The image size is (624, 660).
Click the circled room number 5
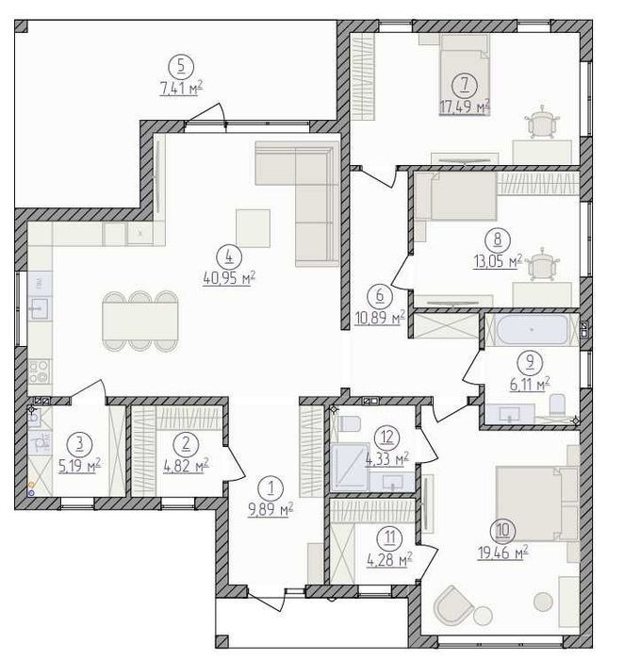point(181,67)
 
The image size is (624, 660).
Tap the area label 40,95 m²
point(229,278)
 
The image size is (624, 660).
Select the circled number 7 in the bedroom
point(465,85)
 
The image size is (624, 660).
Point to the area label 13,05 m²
point(498,261)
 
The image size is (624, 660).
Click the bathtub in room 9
point(532,330)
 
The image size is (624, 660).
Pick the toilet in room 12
point(350,423)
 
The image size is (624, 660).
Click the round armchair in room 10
point(453,604)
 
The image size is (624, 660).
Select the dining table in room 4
point(140,321)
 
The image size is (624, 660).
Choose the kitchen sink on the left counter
point(40,309)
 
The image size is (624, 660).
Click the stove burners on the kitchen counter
point(40,371)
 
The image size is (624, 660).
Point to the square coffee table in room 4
point(253,228)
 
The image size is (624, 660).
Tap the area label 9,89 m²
point(271,510)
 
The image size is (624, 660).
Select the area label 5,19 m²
point(80,466)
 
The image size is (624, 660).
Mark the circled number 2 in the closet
point(185,444)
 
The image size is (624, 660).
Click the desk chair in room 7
point(542,122)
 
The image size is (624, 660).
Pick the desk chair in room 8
point(542,264)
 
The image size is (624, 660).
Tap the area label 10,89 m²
point(380,319)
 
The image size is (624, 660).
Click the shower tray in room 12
point(350,468)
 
